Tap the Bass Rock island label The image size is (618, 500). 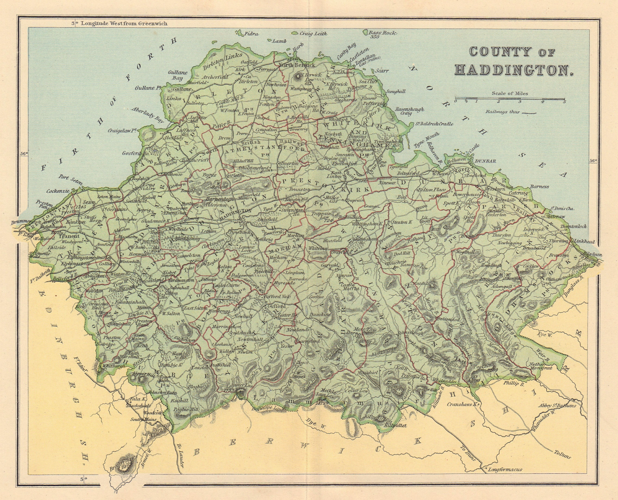click(x=383, y=33)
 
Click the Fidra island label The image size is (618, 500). click(x=251, y=34)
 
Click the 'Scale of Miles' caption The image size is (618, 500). click(x=510, y=93)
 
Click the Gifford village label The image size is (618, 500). click(x=277, y=306)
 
